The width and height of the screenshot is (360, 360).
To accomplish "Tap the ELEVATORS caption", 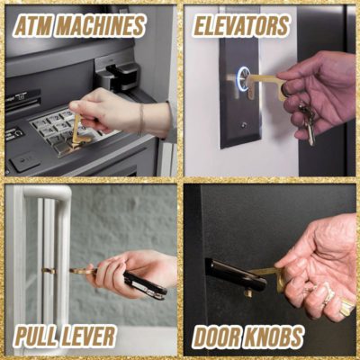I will pos(242,26).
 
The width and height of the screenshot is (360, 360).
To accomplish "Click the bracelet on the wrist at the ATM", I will pos(140,118).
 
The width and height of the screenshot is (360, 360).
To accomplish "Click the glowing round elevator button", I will pos(244,79).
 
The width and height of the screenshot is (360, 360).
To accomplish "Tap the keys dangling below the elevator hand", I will pos(308,121).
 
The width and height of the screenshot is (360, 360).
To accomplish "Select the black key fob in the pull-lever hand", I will pos(144,283).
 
